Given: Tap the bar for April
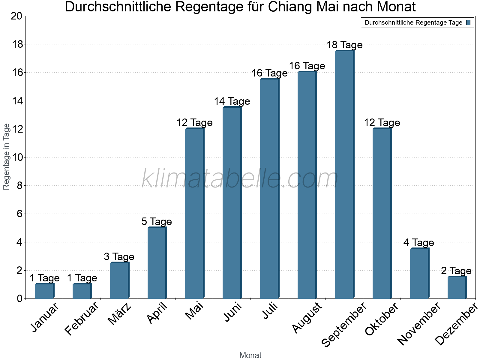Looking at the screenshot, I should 157,263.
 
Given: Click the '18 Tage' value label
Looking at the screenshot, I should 344,45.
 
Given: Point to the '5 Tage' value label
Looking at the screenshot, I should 157,222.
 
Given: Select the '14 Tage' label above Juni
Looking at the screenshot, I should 232,101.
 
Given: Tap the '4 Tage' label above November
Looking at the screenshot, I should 418,242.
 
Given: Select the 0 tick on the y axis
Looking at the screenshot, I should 19,298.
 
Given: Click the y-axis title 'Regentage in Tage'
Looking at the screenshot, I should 6,157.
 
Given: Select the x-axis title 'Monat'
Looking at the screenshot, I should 250,355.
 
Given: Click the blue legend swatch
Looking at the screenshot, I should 468,22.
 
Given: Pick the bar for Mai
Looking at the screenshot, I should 194,213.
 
